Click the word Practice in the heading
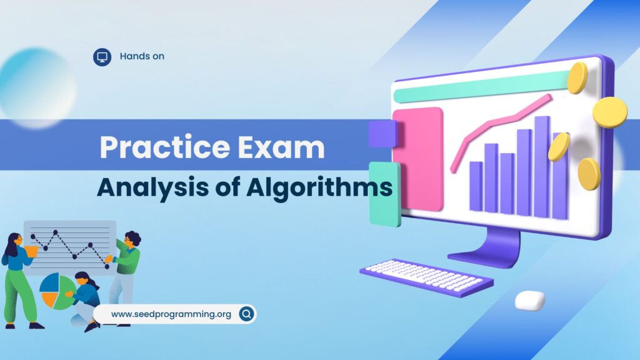point(166,147)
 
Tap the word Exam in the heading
point(282,147)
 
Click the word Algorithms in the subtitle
point(319,188)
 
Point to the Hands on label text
point(142,56)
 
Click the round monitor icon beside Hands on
point(102,57)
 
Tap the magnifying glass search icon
point(246,314)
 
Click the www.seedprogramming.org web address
point(171,314)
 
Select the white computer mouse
point(530,300)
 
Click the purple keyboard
point(426,277)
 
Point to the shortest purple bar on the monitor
point(476,186)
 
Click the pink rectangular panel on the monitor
point(418,159)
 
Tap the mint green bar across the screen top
point(482,86)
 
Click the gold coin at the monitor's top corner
point(577,78)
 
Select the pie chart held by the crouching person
point(57,291)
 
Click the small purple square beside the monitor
point(382,134)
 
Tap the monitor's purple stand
point(486,248)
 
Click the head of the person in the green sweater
point(132,239)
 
